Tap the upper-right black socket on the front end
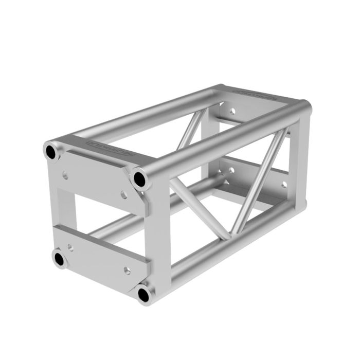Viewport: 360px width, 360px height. [139, 179]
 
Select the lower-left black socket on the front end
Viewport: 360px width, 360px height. [60, 259]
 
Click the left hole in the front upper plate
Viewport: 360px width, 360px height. [65, 175]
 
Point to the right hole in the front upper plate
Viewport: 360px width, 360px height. [123, 195]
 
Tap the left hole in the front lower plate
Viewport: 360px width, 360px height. [70, 247]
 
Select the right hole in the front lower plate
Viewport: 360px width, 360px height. [127, 271]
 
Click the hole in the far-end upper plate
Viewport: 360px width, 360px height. [232, 111]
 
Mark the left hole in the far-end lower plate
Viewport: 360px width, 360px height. [231, 170]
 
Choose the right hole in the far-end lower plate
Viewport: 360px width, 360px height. [283, 184]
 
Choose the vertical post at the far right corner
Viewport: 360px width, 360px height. [301, 154]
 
